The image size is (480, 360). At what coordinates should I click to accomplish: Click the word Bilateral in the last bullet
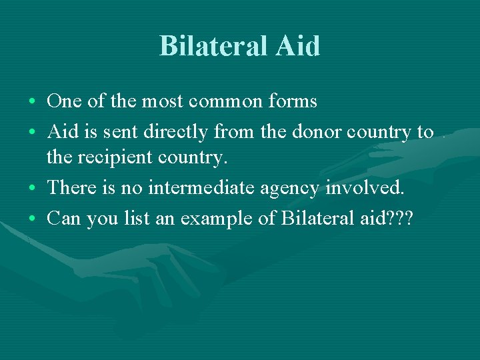[309, 218]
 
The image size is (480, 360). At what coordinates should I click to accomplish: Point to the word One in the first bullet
[63, 102]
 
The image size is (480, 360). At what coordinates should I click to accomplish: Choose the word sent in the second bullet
[115, 132]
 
